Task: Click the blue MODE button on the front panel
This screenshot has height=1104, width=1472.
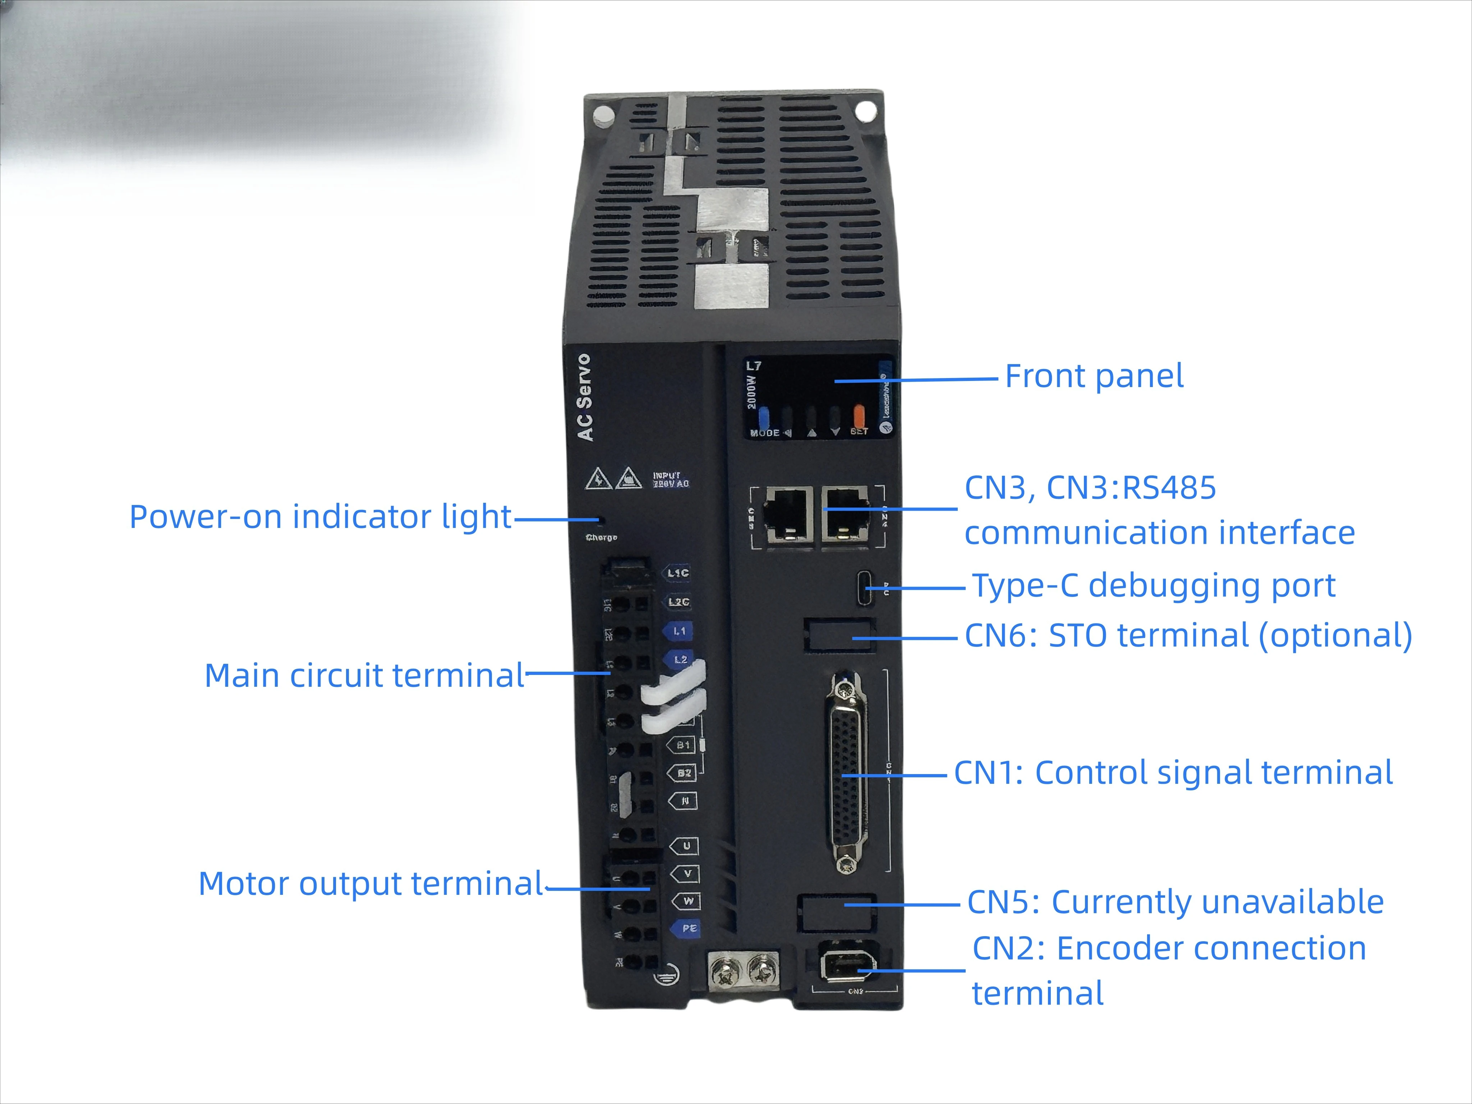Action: point(764,418)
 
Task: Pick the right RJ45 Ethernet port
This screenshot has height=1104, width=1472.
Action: point(845,514)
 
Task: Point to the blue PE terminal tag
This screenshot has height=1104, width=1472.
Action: point(688,928)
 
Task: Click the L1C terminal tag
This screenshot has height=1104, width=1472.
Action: point(677,572)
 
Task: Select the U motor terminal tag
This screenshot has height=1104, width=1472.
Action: point(685,846)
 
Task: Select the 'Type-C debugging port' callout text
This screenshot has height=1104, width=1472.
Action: point(1153,586)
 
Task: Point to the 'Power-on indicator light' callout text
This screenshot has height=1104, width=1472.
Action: point(320,517)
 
